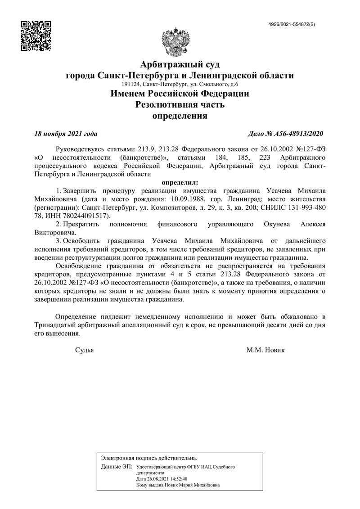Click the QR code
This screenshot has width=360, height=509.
pos(36,36)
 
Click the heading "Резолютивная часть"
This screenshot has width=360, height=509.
pos(180,105)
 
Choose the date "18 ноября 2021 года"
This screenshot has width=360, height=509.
pos(66,134)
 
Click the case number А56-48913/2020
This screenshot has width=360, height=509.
pos(286,134)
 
